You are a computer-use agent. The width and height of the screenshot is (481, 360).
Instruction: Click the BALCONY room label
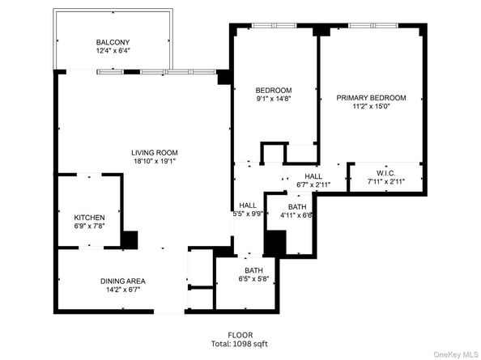coord(112,42)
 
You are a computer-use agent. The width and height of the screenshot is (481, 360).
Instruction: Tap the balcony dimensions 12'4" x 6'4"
coord(112,51)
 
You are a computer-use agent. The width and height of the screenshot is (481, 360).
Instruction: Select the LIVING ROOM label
coord(155,152)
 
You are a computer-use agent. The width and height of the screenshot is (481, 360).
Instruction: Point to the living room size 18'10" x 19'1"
coord(155,161)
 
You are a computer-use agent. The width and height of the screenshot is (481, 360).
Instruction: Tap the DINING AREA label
coord(123,281)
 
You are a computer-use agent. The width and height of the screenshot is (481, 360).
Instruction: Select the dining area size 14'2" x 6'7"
coord(123,290)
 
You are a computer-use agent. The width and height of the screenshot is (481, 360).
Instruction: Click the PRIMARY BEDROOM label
coord(371,98)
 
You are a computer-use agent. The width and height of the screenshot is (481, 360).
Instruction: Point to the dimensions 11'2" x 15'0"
coord(371,107)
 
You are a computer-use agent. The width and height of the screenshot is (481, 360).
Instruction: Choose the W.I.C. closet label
coord(385,173)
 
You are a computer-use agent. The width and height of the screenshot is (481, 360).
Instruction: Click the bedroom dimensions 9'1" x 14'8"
coord(273,99)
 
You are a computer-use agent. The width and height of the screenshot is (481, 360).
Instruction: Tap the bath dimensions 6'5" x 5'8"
coord(253,280)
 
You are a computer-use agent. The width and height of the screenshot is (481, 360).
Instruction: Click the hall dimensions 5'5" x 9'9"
coord(247,214)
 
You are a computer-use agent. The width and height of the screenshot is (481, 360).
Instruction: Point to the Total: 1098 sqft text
coord(240,344)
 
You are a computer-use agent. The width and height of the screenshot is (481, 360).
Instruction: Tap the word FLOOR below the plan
coord(240,335)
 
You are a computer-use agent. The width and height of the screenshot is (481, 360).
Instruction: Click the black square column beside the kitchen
coord(129,239)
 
